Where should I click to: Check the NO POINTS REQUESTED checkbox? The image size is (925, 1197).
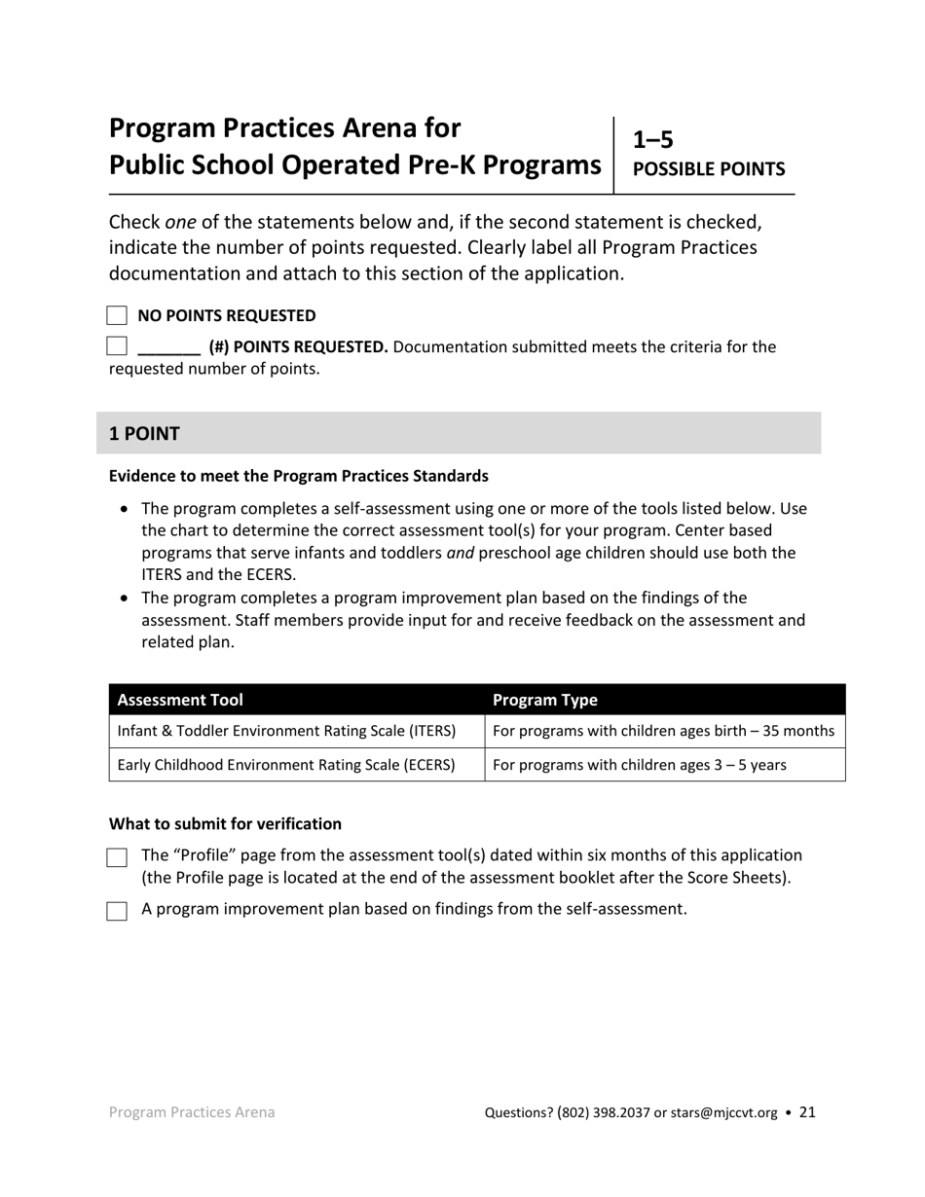[117, 315]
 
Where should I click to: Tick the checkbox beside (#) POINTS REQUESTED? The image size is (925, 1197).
[117, 345]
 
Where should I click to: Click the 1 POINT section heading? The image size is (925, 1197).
[144, 434]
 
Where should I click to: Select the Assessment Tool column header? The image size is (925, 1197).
[180, 700]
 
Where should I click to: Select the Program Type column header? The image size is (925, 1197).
[545, 700]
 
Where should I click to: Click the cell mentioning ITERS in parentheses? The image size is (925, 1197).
[286, 731]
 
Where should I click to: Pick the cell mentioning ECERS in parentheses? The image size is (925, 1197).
[286, 765]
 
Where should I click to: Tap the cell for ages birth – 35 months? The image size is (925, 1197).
[664, 731]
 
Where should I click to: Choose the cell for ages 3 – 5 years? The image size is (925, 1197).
[640, 765]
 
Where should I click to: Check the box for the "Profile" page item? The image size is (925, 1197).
[117, 857]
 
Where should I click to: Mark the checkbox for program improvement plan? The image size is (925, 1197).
[117, 911]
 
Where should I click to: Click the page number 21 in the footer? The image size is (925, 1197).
[807, 1111]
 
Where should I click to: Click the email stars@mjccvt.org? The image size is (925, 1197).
[723, 1112]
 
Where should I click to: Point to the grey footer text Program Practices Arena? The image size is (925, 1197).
[192, 1112]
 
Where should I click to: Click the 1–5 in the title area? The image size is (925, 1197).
[653, 140]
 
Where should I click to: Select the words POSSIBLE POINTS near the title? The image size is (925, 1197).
[709, 169]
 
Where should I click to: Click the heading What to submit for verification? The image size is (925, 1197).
[225, 824]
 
